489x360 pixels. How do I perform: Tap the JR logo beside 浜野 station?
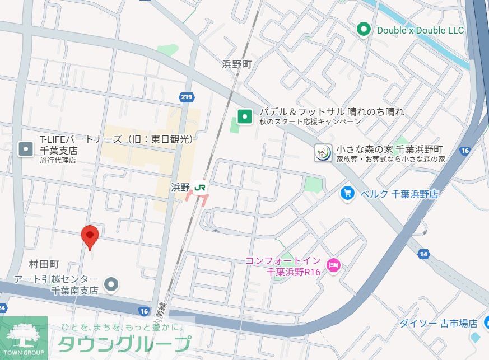coord(201,187)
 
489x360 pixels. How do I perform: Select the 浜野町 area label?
coord(237,64)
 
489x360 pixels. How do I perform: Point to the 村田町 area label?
coord(44,264)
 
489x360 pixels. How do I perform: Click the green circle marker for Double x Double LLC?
coord(364,29)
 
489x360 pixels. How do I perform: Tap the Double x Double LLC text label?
coord(420,30)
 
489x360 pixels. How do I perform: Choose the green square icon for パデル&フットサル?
coord(244,116)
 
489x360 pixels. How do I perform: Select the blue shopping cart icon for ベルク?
coord(348,194)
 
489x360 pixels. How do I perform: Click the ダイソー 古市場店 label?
coord(438,324)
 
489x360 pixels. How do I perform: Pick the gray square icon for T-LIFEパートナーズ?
coord(26,148)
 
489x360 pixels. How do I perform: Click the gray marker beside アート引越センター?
coord(112,284)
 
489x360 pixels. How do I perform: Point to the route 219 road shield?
coord(187,97)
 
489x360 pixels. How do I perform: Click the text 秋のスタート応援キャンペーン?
coord(309,122)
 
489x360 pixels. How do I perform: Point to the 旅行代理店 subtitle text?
coord(58,161)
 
